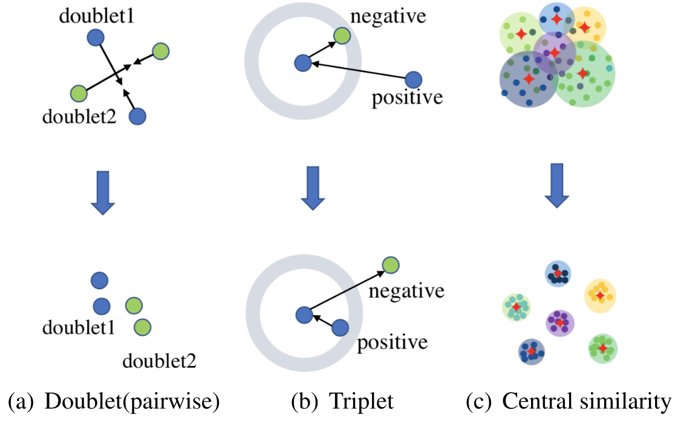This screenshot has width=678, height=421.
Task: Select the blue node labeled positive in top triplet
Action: point(413,79)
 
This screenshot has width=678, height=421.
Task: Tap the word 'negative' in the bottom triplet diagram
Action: point(406,291)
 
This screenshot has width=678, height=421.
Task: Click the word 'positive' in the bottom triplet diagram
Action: point(392,343)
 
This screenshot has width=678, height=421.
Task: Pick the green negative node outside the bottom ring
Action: point(390,264)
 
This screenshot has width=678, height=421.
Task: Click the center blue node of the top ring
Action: point(302,62)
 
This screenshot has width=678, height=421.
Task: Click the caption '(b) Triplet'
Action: point(342,401)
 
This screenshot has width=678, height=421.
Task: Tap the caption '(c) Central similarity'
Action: point(569,401)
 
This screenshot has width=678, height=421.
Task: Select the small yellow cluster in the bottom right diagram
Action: point(599,295)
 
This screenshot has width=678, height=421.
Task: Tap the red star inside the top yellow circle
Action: point(584,27)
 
